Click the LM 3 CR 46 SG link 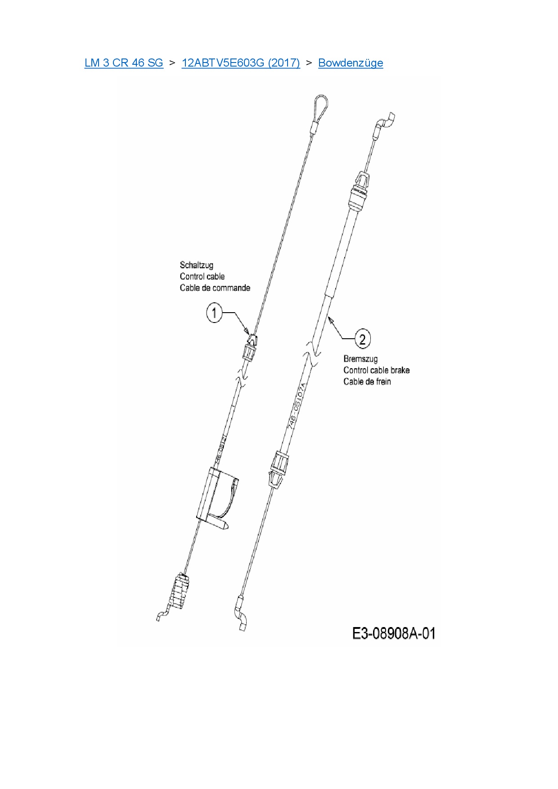(124, 63)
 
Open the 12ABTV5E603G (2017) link (241, 63)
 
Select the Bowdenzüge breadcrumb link (351, 63)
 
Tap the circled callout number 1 (214, 313)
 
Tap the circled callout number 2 (362, 338)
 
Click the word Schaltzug (197, 265)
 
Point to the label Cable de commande (215, 288)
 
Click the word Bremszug (360, 359)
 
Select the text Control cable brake (376, 370)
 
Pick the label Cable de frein (367, 382)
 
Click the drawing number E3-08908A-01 (394, 633)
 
